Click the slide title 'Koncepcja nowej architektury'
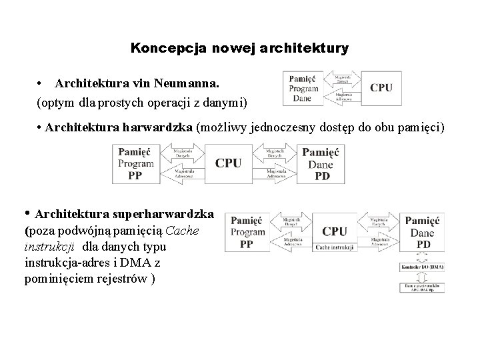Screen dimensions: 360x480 pyautogui.click(x=239, y=49)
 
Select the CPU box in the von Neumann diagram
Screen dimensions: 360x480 pyautogui.click(x=381, y=88)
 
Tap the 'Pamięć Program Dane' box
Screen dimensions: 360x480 pyautogui.click(x=304, y=88)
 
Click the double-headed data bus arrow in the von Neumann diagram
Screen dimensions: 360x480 pyautogui.click(x=343, y=79)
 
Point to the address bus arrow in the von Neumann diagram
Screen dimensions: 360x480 pyautogui.click(x=343, y=97)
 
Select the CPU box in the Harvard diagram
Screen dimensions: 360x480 pyautogui.click(x=228, y=163)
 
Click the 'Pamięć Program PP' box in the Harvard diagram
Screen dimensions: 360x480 pyautogui.click(x=135, y=164)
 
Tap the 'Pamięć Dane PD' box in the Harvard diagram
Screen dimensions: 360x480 pyautogui.click(x=320, y=164)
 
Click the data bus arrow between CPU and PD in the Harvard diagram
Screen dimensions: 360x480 pyautogui.click(x=275, y=155)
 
